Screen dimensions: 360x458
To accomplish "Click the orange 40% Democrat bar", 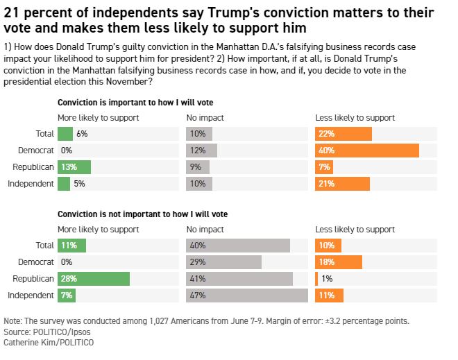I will (367, 151).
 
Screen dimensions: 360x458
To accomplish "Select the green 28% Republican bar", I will (94, 279).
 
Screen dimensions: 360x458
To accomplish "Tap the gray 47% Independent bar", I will (247, 295).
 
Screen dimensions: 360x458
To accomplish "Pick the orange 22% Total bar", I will (343, 134).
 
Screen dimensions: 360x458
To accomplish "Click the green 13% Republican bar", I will (74, 167).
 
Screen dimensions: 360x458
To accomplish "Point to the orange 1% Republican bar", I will (317, 279).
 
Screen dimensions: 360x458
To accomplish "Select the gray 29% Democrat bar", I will (224, 262).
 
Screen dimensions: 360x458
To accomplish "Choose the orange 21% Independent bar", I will (343, 184).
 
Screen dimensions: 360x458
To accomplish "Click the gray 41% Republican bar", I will (239, 279).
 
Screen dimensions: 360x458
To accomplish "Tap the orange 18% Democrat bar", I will (339, 262).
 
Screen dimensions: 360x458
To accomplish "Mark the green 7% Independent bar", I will (67, 295).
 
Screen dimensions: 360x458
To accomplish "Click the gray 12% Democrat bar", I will (202, 151).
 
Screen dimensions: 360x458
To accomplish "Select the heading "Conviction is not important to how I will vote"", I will (142, 214).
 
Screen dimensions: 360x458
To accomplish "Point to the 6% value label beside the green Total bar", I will (83, 134).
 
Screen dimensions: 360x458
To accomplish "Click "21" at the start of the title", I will (12, 13).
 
